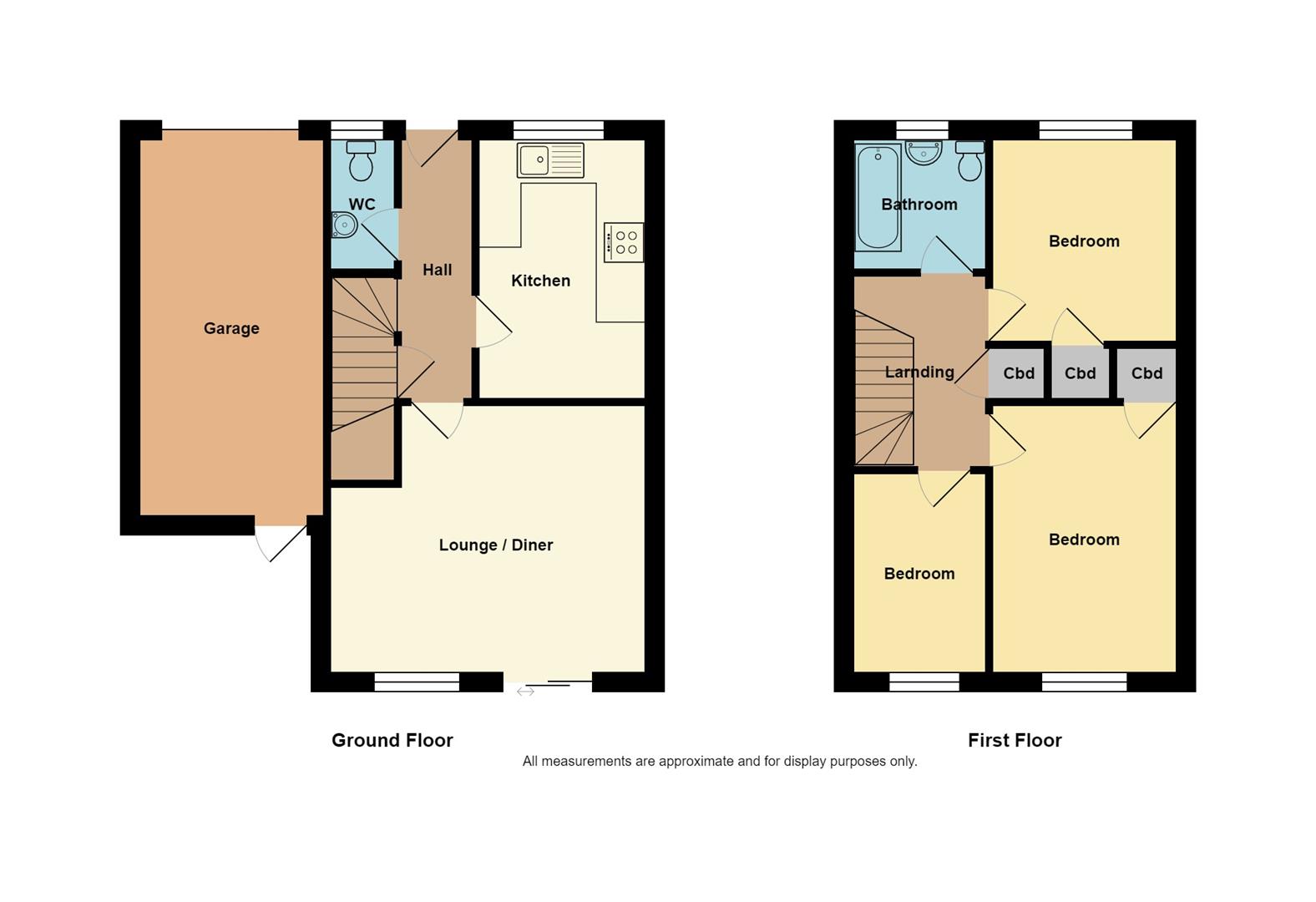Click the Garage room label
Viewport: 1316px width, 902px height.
click(x=231, y=328)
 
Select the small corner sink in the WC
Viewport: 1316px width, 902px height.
click(x=343, y=225)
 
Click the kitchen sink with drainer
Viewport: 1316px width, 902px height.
click(x=550, y=160)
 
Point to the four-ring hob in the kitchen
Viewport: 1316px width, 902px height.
click(x=624, y=242)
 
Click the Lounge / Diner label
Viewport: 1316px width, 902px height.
click(x=496, y=545)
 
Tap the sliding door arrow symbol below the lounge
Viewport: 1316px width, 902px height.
click(x=525, y=692)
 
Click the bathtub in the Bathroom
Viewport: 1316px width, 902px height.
click(x=878, y=198)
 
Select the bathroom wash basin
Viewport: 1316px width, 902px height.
click(x=924, y=152)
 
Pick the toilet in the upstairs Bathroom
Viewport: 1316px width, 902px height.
click(x=969, y=160)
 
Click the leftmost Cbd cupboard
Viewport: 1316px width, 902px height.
click(x=1019, y=373)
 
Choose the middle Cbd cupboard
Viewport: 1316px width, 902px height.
click(x=1080, y=373)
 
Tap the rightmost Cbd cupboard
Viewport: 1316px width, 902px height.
click(x=1146, y=373)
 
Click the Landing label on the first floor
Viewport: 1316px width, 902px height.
click(x=919, y=372)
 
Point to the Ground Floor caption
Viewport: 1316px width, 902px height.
click(x=392, y=740)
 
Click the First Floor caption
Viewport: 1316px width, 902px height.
click(x=1015, y=740)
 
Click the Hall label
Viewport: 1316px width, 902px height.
click(x=437, y=270)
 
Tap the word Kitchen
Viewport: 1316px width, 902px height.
click(x=540, y=281)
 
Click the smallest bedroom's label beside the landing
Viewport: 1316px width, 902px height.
click(x=919, y=574)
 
